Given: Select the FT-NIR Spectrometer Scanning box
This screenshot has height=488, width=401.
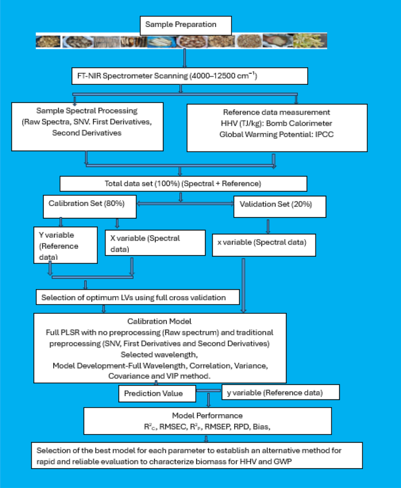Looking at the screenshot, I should [x=189, y=76].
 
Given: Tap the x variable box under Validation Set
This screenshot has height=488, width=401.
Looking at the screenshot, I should [x=263, y=243].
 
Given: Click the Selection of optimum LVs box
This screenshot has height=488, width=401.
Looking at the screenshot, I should [x=138, y=297].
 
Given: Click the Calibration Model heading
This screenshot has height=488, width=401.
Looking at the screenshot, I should [x=159, y=321].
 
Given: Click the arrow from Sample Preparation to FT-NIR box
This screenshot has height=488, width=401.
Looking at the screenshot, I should [x=184, y=58].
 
